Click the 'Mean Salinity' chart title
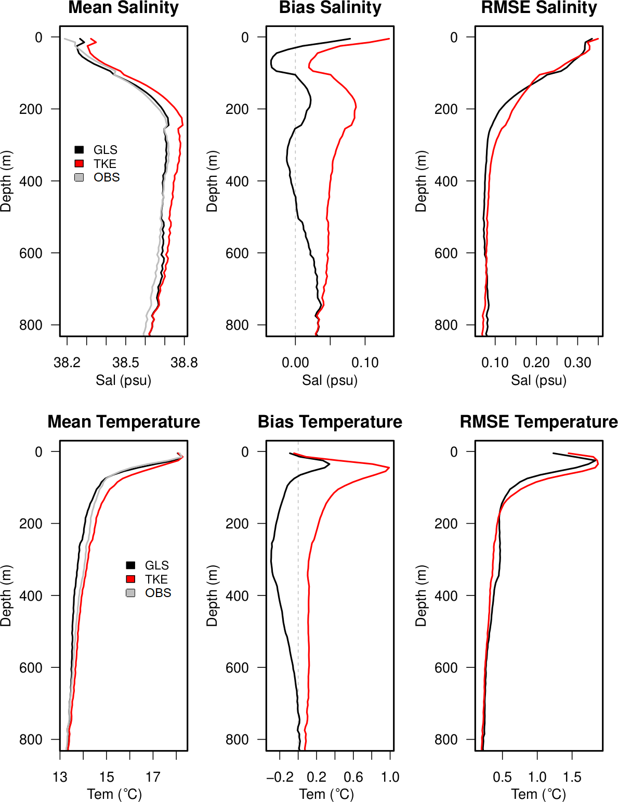[123, 8]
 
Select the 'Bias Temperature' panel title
[330, 422]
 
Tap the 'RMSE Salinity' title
[539, 8]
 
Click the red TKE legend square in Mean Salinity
[79, 163]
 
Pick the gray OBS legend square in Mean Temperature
[130, 593]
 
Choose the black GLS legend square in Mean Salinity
[79, 150]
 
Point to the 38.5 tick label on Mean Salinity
[125, 363]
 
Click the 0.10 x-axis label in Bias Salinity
[365, 363]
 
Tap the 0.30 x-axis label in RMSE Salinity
[577, 363]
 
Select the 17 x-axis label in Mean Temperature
[153, 777]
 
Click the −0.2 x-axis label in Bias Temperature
[280, 777]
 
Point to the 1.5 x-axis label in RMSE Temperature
[572, 777]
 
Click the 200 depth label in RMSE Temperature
[446, 524]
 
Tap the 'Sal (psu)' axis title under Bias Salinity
[330, 380]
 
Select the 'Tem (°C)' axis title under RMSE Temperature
[538, 794]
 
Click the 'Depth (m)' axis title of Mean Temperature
[6, 596]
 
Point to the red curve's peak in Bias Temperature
[389, 468]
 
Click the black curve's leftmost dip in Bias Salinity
[271, 62]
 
